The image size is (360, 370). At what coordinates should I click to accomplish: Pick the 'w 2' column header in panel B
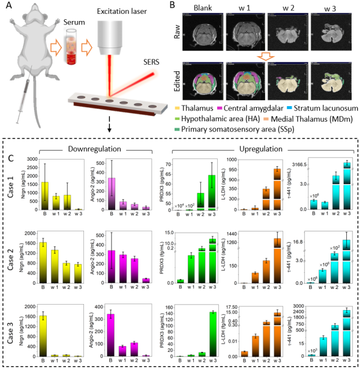click(283, 9)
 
